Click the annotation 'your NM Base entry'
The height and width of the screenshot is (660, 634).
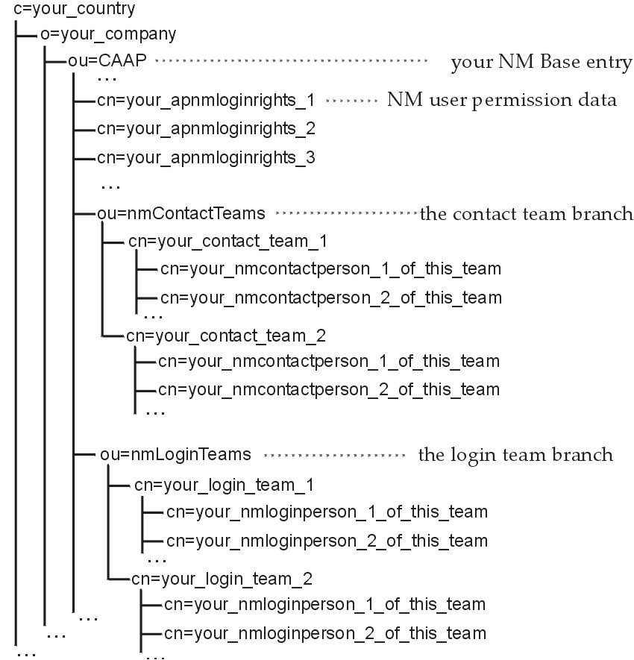pos(541,63)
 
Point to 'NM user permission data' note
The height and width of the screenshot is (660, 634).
pos(501,100)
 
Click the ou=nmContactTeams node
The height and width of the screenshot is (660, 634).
pos(181,213)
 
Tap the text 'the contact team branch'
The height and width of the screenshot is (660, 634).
pos(527,214)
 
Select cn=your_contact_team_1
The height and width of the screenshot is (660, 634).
pos(227,242)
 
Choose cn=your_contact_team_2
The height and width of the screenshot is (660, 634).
pos(226,335)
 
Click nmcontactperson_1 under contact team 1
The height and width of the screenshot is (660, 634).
pos(330,268)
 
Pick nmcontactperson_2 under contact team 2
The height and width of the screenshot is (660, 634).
pos(328,389)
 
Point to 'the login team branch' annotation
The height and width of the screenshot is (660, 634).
pos(515,454)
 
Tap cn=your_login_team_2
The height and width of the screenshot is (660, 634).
pos(222,578)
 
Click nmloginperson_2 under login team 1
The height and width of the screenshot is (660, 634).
pos(327,541)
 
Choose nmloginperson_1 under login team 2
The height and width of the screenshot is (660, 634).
pos(324,604)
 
